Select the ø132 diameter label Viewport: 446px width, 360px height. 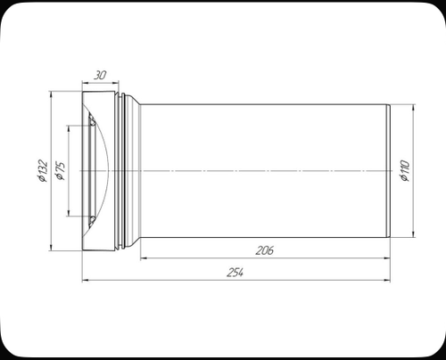tap(43, 170)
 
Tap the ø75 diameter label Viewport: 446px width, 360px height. tap(59, 170)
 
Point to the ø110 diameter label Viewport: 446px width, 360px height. tap(405, 170)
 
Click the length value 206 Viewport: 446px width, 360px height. tap(264, 251)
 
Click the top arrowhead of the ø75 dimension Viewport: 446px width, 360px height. tap(69, 127)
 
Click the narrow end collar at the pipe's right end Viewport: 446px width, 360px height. tap(388, 170)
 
